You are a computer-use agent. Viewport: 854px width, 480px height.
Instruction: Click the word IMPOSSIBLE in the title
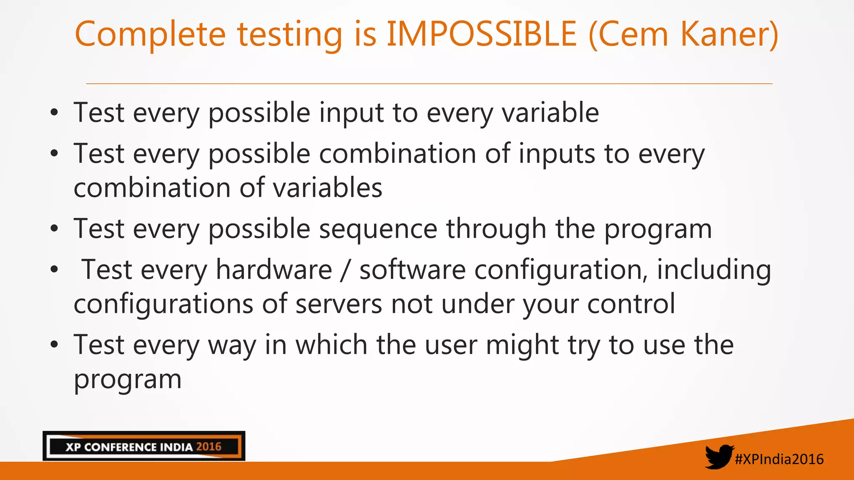(x=482, y=34)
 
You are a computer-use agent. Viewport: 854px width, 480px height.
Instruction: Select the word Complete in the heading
(x=150, y=34)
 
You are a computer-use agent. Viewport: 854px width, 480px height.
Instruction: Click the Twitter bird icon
(x=719, y=457)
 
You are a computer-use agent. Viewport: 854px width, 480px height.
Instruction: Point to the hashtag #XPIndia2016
(x=779, y=459)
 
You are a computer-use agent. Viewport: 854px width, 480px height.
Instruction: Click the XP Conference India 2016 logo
(x=144, y=446)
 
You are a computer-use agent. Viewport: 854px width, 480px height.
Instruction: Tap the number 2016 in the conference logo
(x=208, y=447)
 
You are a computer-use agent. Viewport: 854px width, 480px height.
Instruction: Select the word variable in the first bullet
(x=550, y=113)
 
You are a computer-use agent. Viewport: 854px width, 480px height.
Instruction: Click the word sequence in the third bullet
(x=378, y=230)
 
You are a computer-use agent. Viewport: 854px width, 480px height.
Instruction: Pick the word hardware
(x=274, y=270)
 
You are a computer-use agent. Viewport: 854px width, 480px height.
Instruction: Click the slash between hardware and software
(x=345, y=270)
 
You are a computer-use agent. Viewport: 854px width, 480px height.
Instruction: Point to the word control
(x=631, y=304)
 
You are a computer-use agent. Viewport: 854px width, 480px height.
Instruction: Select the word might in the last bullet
(x=522, y=345)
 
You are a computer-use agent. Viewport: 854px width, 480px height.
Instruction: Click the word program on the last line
(x=128, y=380)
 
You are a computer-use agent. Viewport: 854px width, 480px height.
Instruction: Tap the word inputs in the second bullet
(x=557, y=154)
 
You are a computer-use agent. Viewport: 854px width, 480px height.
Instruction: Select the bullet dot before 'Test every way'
(x=54, y=345)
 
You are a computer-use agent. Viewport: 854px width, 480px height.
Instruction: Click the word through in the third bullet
(x=496, y=230)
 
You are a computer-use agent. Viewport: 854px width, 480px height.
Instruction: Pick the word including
(x=714, y=270)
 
